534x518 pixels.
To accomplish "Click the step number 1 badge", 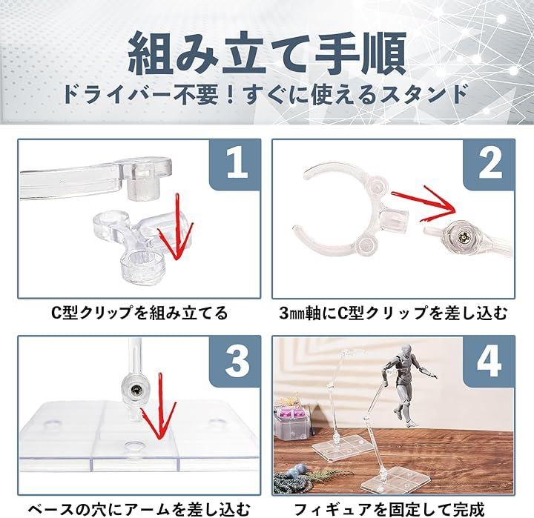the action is pyautogui.click(x=236, y=165).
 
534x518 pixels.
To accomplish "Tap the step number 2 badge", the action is pyautogui.click(x=489, y=165).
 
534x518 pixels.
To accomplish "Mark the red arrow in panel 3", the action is pyautogui.click(x=159, y=408).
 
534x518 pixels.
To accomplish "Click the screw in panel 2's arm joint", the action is pyautogui.click(x=463, y=236).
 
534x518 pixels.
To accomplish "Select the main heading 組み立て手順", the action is pyautogui.click(x=267, y=53).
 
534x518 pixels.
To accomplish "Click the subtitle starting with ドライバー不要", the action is pyautogui.click(x=266, y=94).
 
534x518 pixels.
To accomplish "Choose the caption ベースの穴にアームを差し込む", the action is pyautogui.click(x=139, y=509).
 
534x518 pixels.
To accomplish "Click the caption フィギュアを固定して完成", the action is pyautogui.click(x=389, y=509).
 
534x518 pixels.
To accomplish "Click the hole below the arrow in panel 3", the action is pyautogui.click(x=134, y=447).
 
